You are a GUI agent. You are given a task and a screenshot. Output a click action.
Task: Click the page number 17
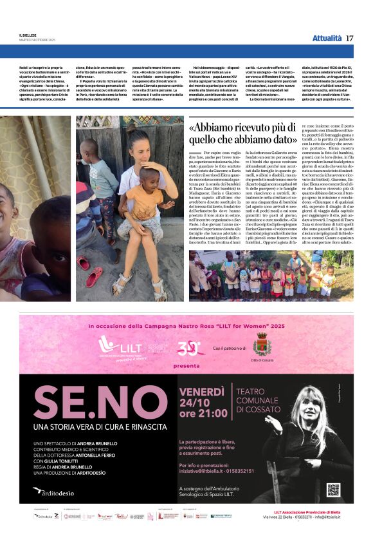pyautogui.click(x=349, y=38)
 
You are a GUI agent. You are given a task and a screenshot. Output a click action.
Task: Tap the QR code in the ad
pyautogui.click(x=332, y=490)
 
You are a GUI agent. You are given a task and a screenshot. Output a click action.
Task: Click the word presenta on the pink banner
pyautogui.click(x=186, y=365)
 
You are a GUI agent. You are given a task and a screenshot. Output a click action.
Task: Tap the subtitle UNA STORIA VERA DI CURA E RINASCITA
pyautogui.click(x=93, y=427)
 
